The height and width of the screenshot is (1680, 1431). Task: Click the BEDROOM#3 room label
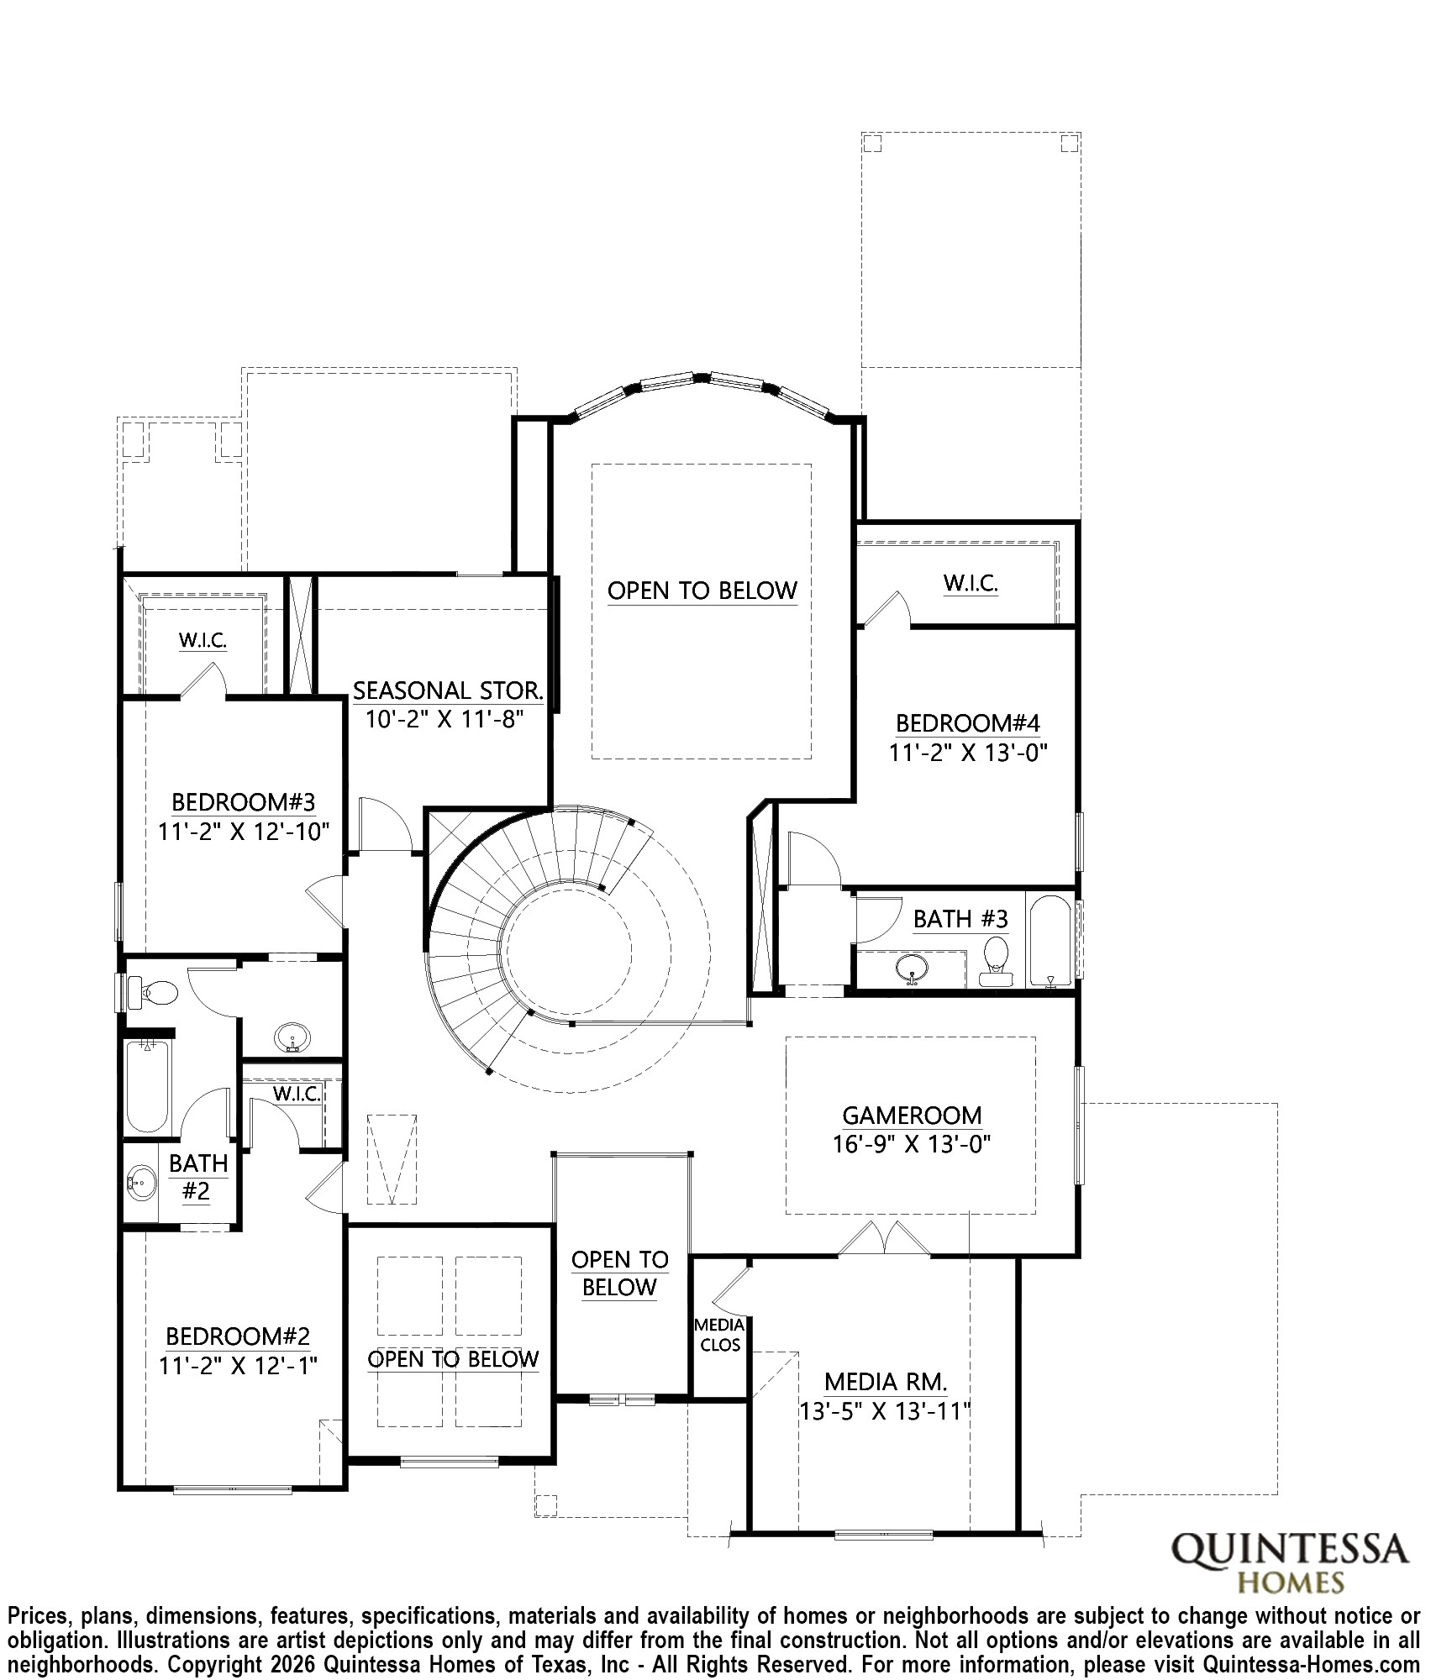coord(244,801)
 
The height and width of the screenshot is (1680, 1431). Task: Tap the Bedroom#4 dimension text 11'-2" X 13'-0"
coord(968,753)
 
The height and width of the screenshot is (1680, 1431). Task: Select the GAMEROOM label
coord(912,1116)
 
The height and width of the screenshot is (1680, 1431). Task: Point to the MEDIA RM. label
coord(886,1381)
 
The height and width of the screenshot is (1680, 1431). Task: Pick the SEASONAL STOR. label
coord(448,690)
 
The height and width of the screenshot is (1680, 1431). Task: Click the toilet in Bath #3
coord(996,959)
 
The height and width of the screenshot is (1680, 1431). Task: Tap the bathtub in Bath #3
coord(1050,941)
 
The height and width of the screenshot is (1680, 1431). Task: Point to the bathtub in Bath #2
coord(148,1087)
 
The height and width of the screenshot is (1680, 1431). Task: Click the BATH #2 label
coord(197,1177)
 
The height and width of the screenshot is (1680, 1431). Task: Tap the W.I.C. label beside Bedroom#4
coord(970,583)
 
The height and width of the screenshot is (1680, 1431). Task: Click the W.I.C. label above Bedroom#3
coord(203,640)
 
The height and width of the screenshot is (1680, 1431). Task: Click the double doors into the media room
coord(884,1240)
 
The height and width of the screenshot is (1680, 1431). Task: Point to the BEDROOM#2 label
coord(238,1336)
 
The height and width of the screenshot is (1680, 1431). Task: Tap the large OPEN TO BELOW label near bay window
coord(702,591)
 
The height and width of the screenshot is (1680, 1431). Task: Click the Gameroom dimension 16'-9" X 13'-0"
coord(912,1144)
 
